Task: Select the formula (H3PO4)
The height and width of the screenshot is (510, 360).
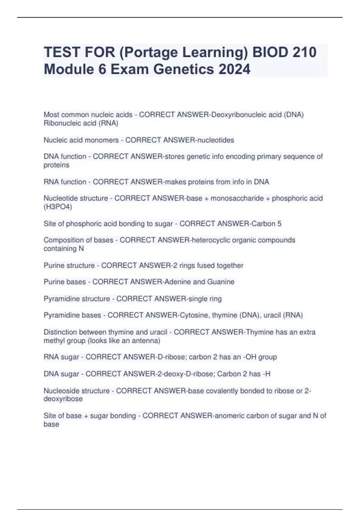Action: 58,207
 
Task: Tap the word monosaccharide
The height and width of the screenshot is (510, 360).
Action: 237,198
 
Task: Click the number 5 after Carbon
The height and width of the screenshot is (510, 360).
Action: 279,224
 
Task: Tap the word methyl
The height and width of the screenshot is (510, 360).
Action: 55,340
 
